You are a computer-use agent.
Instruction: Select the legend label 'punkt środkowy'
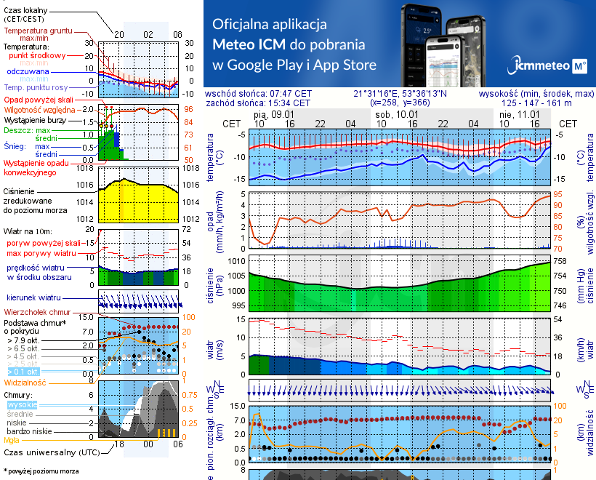[x=38, y=55]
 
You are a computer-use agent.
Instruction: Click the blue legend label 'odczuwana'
[x=28, y=72]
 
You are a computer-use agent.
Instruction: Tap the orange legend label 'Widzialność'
[x=25, y=382]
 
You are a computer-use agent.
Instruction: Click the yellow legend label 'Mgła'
[x=12, y=440]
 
